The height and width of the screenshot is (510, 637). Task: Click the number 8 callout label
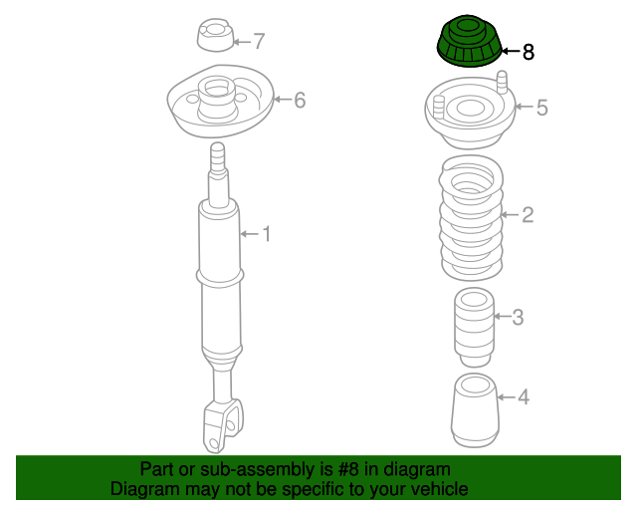click(x=528, y=52)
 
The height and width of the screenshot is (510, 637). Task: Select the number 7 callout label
click(x=259, y=42)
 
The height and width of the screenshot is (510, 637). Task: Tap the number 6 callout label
click(x=299, y=100)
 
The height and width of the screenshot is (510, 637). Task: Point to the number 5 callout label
click(x=541, y=108)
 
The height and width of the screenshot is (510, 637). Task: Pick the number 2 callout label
click(x=528, y=214)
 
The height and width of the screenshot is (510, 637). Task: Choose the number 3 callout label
click(x=518, y=318)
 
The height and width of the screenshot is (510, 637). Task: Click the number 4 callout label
click(x=524, y=397)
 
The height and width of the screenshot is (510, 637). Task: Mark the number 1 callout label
click(x=266, y=234)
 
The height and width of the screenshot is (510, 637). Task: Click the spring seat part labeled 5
click(x=470, y=115)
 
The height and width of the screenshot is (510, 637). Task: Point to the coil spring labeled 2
click(x=471, y=219)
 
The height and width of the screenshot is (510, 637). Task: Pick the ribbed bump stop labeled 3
click(x=474, y=325)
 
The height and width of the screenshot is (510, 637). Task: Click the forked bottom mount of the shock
click(x=222, y=425)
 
